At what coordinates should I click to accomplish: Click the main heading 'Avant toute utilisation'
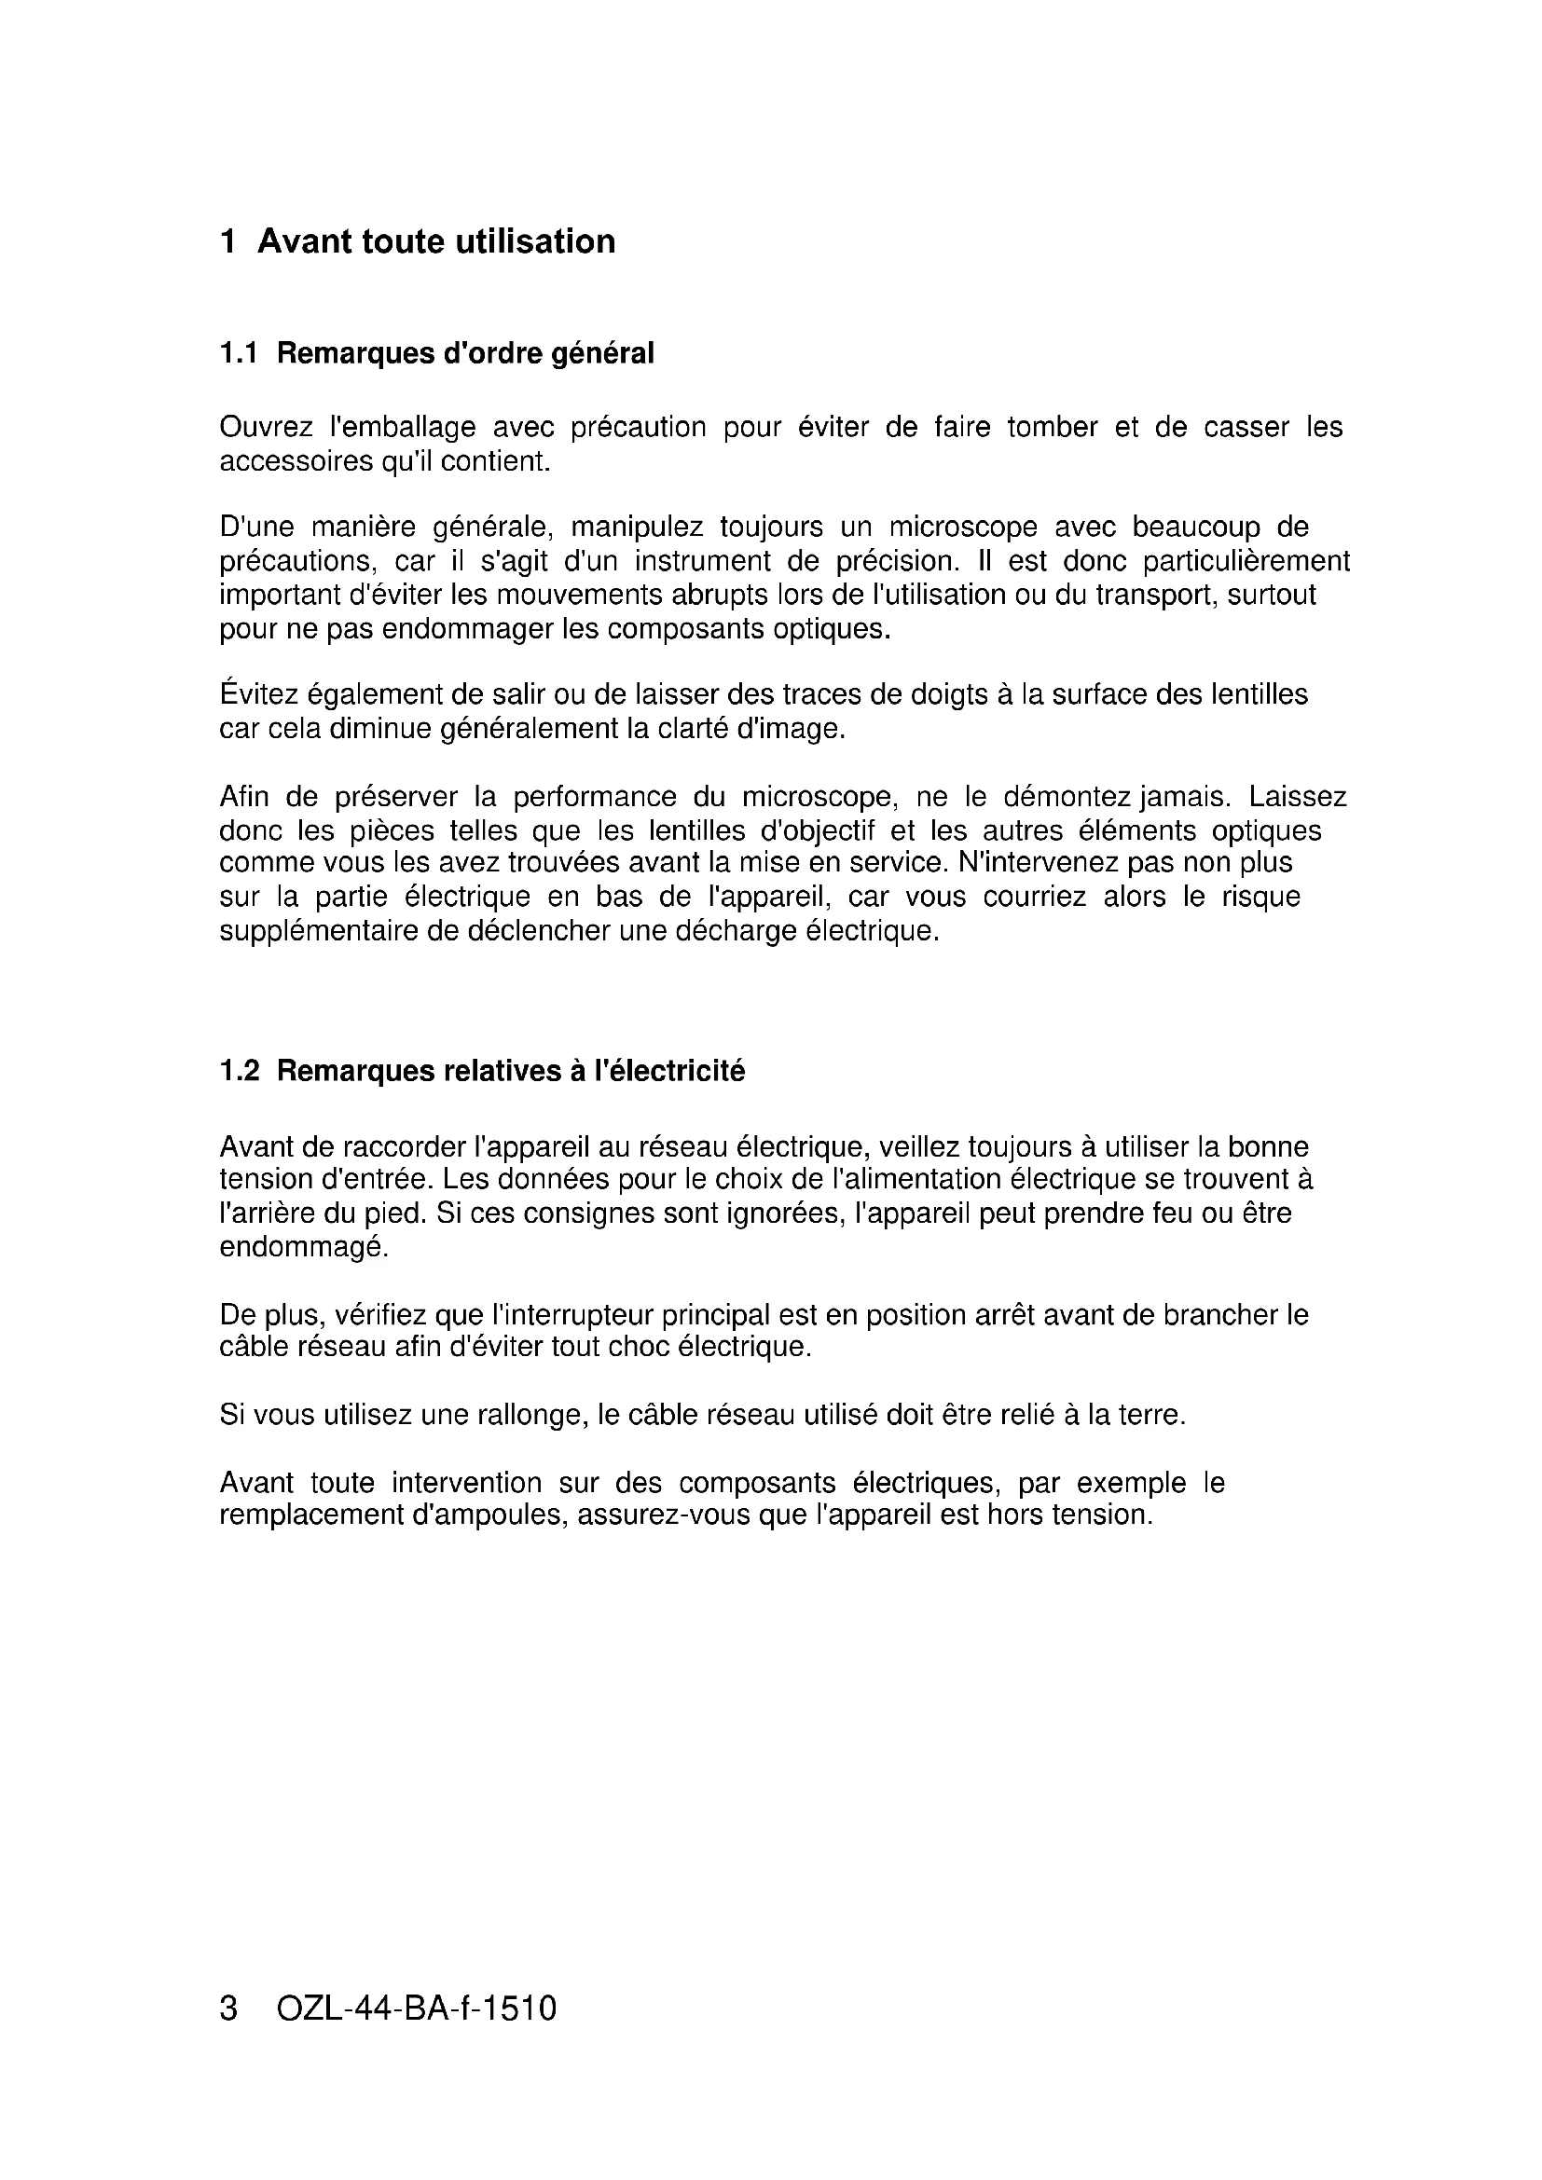(435, 242)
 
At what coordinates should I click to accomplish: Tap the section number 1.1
(239, 354)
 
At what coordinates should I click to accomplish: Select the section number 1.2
(240, 1072)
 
